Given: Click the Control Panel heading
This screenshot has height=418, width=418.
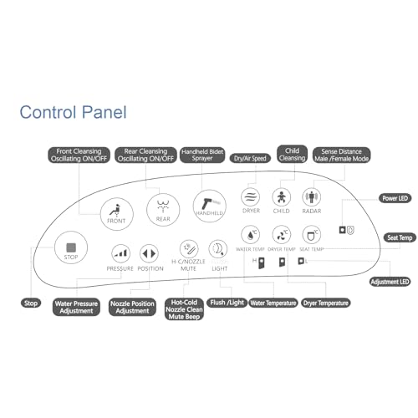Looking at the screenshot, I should [73, 111].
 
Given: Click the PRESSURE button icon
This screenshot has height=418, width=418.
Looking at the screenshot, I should [120, 253].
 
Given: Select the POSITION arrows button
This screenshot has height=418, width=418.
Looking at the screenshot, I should [150, 253].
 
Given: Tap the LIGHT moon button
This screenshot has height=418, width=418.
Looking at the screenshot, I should [217, 249].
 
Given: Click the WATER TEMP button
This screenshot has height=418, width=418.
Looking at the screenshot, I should [251, 235].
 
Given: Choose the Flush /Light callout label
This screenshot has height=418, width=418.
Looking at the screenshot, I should [227, 302].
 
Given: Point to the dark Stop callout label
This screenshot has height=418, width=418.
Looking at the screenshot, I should [30, 303].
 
